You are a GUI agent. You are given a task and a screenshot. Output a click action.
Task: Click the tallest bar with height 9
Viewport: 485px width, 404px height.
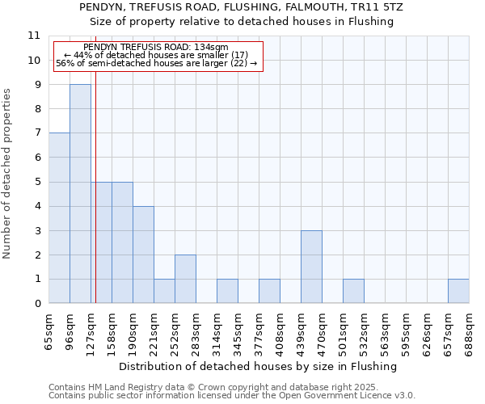click(x=80, y=194)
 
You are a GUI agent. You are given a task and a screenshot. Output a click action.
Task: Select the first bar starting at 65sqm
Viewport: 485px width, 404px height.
click(x=59, y=218)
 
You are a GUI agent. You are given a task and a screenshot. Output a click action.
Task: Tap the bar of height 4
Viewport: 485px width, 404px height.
click(x=143, y=255)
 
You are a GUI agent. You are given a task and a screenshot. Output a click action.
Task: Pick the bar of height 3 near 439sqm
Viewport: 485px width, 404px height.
click(x=311, y=267)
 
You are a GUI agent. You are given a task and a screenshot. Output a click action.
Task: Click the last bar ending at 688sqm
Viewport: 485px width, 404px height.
click(x=458, y=292)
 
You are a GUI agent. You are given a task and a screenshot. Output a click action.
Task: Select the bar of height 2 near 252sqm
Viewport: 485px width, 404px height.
click(x=185, y=280)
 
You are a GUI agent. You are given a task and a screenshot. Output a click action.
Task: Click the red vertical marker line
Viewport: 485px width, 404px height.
click(x=95, y=202)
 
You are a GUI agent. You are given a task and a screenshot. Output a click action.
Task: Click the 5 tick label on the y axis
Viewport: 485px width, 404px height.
click(x=36, y=182)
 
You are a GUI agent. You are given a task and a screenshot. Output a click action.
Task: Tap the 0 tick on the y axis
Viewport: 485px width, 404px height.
click(x=36, y=304)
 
